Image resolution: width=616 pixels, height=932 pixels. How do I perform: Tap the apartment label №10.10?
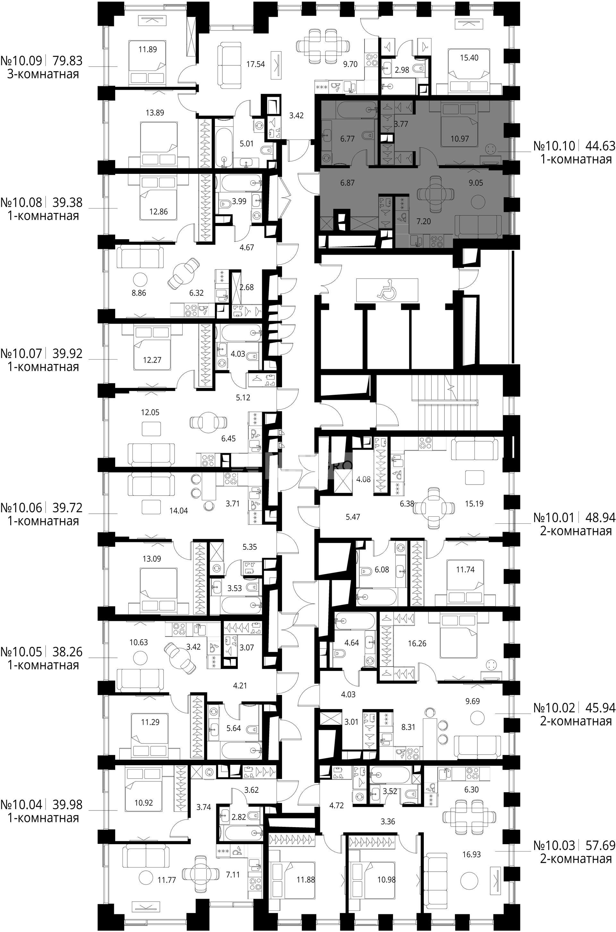554,146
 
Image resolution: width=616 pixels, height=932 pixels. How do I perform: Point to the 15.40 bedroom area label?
469,58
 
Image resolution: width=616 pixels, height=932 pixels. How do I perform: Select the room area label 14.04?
178,511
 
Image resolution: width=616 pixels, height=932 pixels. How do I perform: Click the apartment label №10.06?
21,508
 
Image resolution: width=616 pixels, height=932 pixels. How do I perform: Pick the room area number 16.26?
417,643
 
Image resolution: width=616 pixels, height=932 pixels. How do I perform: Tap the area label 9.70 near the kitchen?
350,64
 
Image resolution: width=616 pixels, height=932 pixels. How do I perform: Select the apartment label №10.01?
554,518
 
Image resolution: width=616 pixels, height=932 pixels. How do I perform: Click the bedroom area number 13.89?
155,113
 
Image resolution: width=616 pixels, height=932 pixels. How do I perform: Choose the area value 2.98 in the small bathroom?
402,70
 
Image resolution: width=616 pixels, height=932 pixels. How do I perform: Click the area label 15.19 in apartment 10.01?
474,504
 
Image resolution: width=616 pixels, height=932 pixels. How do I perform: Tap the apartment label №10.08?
21,202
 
